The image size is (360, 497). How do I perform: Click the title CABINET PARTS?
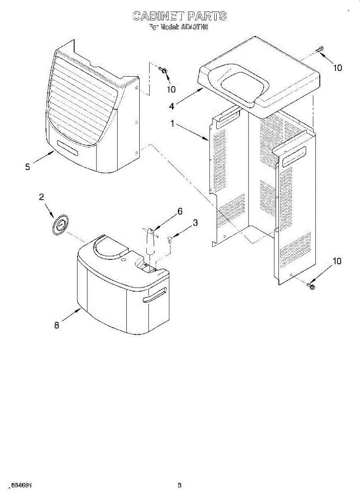[179, 16]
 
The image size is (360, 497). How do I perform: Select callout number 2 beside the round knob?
[41, 197]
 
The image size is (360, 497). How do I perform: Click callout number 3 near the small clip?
[195, 223]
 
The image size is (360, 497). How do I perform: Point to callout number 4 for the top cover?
[172, 106]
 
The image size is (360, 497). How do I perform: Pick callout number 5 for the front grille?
[27, 167]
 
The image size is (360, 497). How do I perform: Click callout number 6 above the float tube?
[180, 211]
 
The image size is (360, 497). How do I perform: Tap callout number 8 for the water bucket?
[57, 325]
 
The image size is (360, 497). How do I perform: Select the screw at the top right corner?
[319, 50]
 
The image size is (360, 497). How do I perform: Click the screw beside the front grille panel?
[164, 71]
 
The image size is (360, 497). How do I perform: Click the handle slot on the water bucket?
[154, 295]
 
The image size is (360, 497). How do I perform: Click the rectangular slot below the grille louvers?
[68, 148]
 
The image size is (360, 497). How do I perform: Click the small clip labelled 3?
[170, 239]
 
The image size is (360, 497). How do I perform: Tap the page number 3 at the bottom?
[180, 485]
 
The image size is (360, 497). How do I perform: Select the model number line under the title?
[179, 28]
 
